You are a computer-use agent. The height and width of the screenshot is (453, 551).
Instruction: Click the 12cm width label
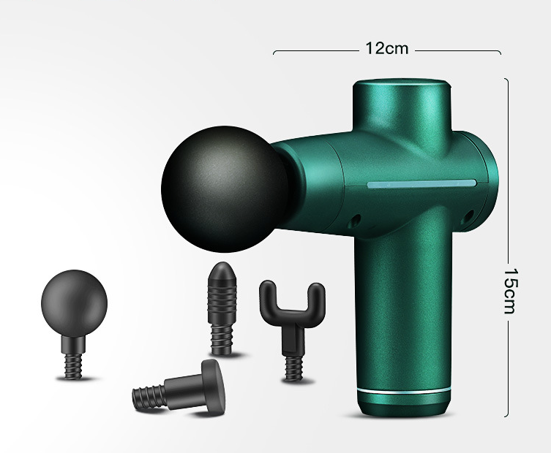coord(387,48)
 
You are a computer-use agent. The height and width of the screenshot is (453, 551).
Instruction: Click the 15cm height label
coord(511,292)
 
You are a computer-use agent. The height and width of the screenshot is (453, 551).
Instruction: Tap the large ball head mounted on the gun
coord(225,189)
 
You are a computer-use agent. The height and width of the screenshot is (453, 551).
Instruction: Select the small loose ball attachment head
coord(74,324)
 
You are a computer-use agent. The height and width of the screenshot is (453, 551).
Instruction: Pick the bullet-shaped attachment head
coord(222,308)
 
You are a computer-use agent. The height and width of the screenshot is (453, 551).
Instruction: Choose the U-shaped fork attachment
coord(293,330)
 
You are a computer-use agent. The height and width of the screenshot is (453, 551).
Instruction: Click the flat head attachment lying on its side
coord(179,388)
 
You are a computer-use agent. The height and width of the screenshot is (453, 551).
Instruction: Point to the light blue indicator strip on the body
coord(421,183)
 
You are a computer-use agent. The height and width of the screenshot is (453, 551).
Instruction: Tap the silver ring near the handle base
coord(404,391)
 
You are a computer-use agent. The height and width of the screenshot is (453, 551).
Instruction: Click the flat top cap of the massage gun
coord(402,83)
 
